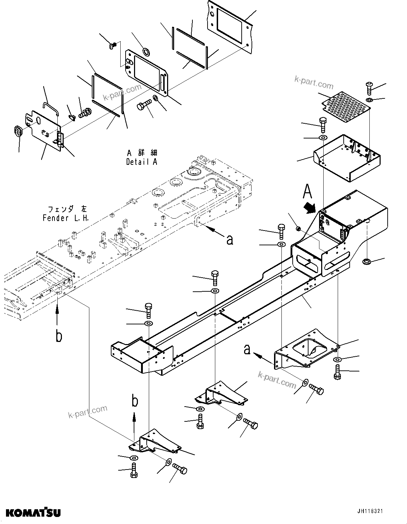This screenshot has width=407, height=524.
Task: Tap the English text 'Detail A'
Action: coord(142,162)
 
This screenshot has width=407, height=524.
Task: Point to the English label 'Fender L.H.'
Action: coord(66,218)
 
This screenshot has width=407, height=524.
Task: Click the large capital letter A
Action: coord(307,192)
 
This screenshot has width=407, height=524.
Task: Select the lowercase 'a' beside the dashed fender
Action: coord(230,240)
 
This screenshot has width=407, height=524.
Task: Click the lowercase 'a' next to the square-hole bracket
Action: coord(248,349)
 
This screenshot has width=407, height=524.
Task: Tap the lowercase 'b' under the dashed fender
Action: coord(59,336)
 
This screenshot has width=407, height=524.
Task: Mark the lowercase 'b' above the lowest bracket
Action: coord(135,401)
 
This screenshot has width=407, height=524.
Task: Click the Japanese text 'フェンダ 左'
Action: coord(66,209)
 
